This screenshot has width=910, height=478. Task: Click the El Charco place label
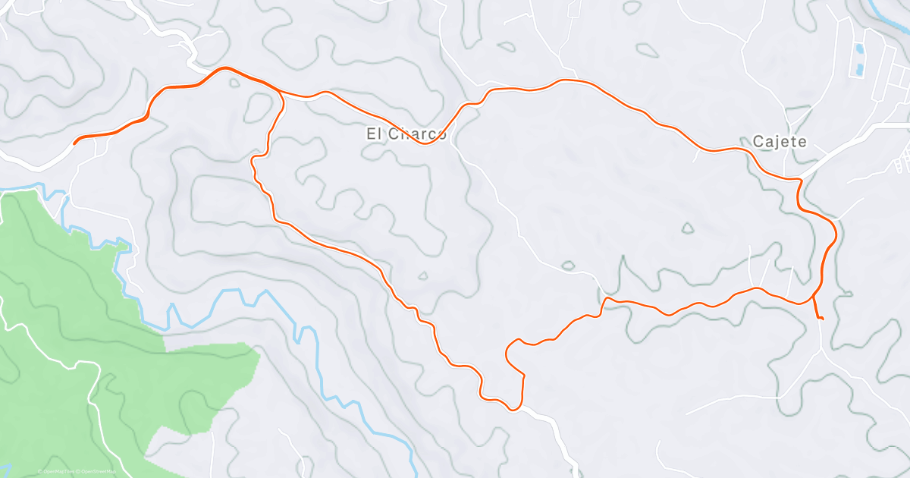coord(406,134)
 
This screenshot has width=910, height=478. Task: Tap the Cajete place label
coord(780,142)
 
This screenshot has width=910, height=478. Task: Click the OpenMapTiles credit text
coord(58,471)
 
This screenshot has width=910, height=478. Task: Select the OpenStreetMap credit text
coord(99,471)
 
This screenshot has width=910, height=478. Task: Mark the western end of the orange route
coord(74,142)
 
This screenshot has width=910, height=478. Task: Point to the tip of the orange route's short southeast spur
coord(823,319)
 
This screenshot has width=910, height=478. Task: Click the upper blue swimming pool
coord(859,50)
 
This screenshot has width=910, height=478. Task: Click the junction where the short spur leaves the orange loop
coord(814,297)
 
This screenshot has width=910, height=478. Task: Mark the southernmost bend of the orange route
coord(515,410)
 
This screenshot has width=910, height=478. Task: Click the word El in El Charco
coord(373,134)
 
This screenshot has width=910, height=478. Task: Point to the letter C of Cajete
coord(758,142)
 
